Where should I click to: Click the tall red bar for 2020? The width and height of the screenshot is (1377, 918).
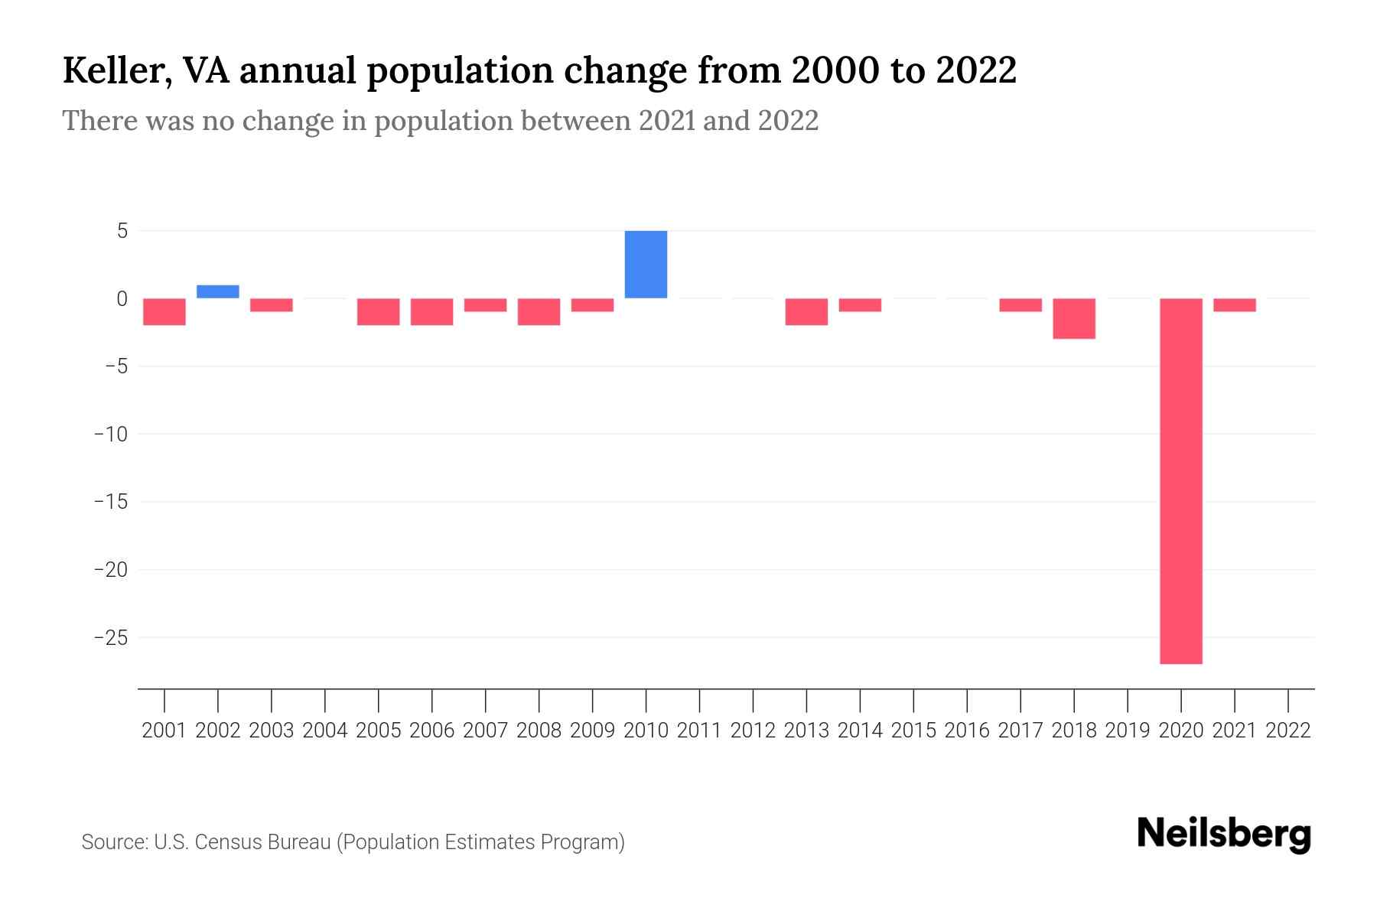[x=1180, y=480]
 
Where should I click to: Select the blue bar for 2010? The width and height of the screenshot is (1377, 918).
[x=646, y=264]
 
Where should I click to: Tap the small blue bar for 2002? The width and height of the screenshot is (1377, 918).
[x=218, y=291]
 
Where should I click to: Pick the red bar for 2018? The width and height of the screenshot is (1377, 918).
[x=1074, y=318]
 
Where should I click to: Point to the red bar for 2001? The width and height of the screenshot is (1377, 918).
[x=164, y=311]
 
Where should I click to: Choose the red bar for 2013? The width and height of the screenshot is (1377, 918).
[x=806, y=311]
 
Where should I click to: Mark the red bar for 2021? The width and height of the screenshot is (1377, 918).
[x=1234, y=304]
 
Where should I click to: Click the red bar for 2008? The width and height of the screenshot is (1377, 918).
[x=539, y=311]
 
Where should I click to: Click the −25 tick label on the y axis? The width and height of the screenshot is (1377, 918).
[x=111, y=637]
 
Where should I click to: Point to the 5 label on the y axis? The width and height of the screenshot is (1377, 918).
[x=122, y=230]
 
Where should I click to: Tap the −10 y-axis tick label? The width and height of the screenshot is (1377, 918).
[x=111, y=434]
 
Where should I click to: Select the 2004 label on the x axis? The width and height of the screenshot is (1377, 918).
[x=325, y=731]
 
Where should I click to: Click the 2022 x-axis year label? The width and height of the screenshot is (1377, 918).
[x=1288, y=731]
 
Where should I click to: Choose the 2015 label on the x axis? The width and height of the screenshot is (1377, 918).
[x=913, y=731]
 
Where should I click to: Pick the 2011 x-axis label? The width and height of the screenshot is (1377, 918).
[x=699, y=731]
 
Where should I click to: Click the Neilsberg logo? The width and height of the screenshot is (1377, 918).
[x=1224, y=835]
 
